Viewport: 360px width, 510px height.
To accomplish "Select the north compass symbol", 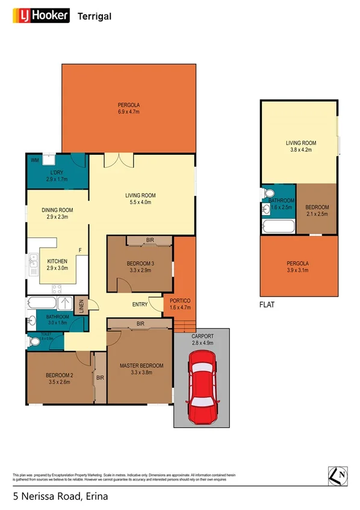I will point(338,475).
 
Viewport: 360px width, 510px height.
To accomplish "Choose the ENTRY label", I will point(140,305).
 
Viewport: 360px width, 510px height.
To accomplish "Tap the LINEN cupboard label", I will point(82,305).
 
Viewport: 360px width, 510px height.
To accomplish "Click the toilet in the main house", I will point(35,341).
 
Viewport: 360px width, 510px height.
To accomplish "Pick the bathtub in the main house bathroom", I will point(42,303).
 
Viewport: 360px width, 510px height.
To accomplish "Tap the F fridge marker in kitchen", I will point(80,250).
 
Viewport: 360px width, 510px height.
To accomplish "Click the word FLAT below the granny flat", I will point(267,305).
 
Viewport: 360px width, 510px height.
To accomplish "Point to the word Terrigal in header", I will point(95,16).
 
